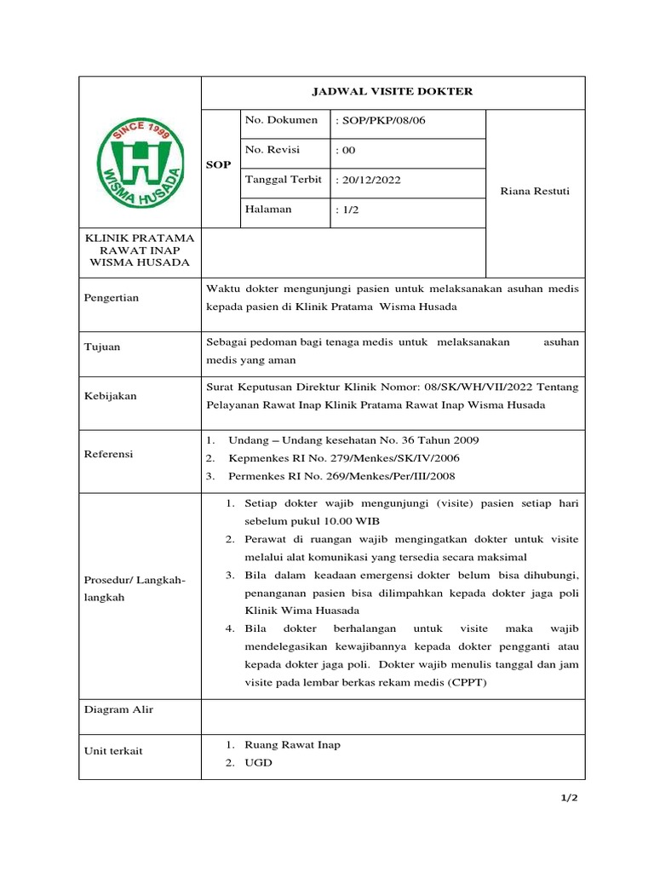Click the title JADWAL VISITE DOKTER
tap(393, 92)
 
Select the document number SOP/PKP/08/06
tap(381, 120)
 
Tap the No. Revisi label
tap(272, 150)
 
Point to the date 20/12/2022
tap(370, 180)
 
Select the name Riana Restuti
tap(535, 191)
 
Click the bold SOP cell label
tap(219, 164)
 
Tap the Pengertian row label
tap(112, 298)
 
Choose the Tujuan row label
tap(102, 347)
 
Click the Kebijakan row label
tap(111, 396)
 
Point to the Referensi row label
tap(109, 454)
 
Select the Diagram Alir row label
tap(119, 709)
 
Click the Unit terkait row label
tap(114, 750)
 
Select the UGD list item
tap(258, 763)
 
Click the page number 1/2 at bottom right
tap(568, 798)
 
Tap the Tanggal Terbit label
tap(283, 180)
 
